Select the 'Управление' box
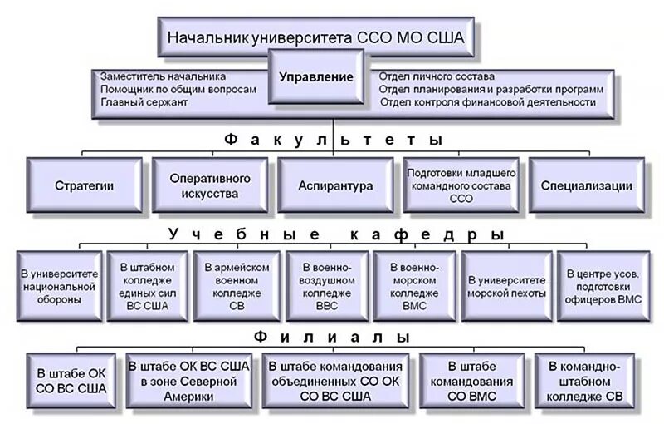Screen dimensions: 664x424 tap(315, 76)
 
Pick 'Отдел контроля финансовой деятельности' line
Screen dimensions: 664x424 tap(487, 101)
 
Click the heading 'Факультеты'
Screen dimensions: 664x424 tap(333, 141)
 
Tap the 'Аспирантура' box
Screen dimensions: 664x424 tap(335, 186)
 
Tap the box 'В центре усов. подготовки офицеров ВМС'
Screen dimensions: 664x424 tap(602, 285)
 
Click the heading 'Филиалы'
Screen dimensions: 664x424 tap(332, 338)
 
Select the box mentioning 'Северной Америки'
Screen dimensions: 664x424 tap(188, 381)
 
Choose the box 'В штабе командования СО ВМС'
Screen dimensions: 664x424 tap(471, 381)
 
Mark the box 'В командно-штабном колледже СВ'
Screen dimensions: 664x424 tap(586, 381)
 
